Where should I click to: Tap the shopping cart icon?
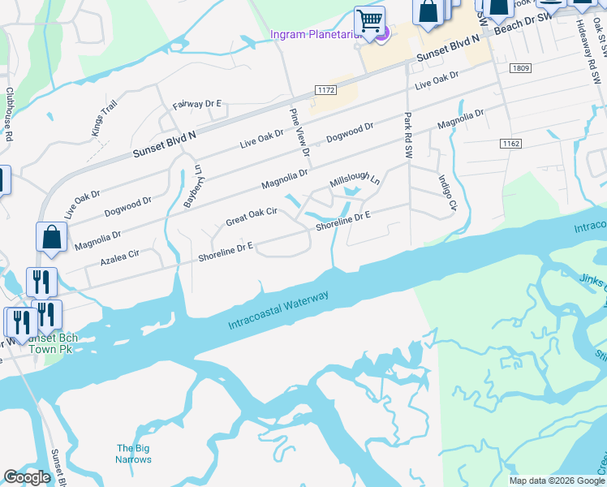point(369,20)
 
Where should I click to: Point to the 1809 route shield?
point(522,68)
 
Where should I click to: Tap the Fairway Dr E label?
point(197,105)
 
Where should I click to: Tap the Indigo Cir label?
point(445,192)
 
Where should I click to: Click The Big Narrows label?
point(134,454)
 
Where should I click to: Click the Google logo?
point(27,477)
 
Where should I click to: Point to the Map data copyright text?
point(557,481)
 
